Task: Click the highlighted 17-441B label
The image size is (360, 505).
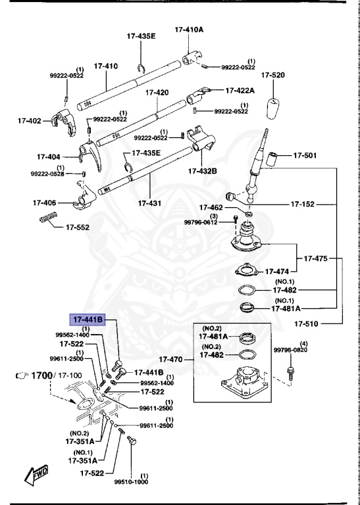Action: [88, 320]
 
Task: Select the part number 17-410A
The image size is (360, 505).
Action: [189, 30]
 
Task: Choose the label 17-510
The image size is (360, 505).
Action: [307, 324]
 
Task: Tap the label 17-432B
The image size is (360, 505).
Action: [203, 171]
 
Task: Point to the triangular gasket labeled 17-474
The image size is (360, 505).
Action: [245, 270]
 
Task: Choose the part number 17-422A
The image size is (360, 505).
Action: [243, 91]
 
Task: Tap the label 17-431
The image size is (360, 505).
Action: [149, 204]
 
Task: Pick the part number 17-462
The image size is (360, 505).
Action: [211, 208]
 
